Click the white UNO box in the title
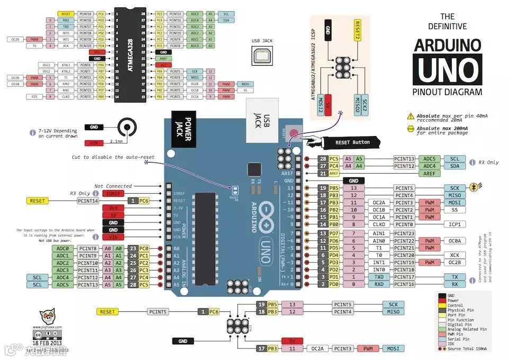(447, 69)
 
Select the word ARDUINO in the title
(447, 44)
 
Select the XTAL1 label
(66, 65)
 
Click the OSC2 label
(47, 71)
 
